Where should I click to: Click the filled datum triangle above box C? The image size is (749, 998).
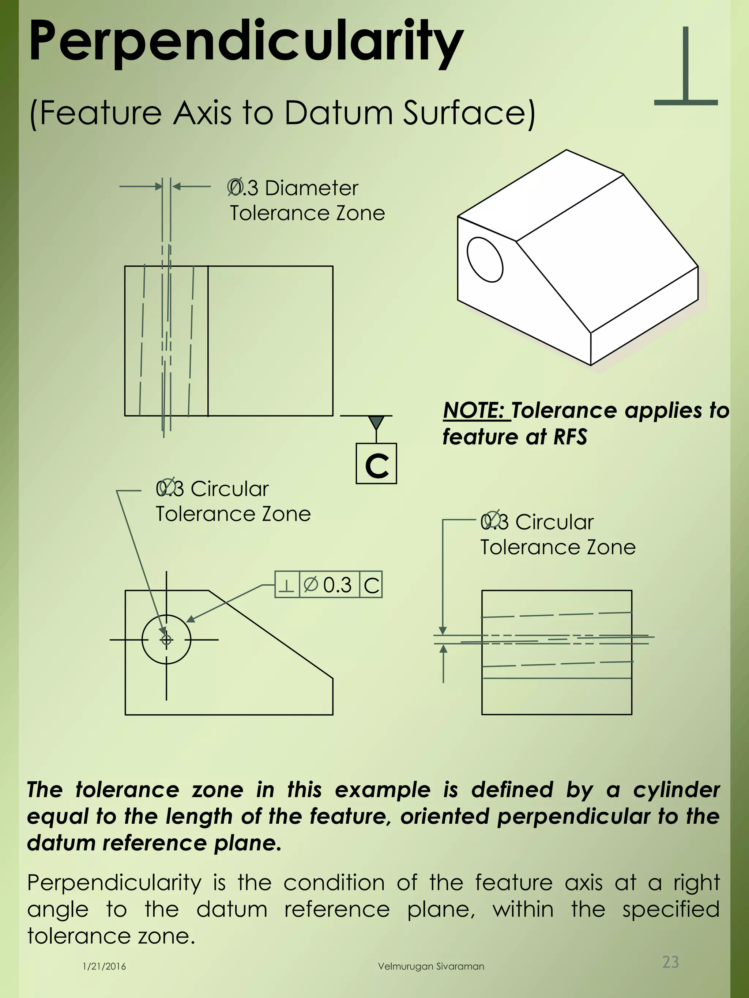pos(376,423)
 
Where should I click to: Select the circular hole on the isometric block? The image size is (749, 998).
pos(485,259)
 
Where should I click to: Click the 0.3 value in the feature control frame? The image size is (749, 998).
pos(337,585)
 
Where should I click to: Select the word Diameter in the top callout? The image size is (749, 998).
pos(312,188)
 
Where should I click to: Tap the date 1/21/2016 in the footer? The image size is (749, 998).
pos(104,967)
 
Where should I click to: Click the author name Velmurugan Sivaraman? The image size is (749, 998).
pos(431,967)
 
